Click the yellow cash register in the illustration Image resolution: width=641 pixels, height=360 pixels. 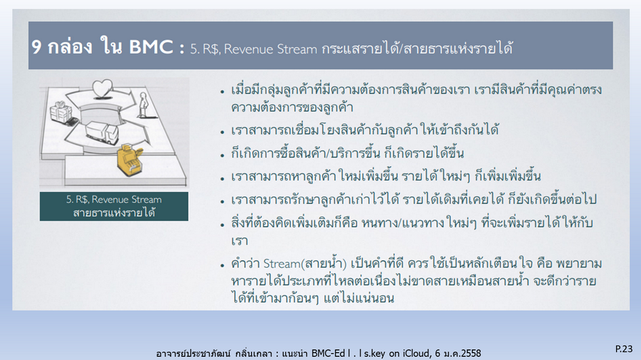pos(130,160)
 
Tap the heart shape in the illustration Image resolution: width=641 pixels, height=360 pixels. pos(102,88)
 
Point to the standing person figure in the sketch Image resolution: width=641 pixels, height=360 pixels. pos(143,105)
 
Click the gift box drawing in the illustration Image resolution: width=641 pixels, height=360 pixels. pos(61,112)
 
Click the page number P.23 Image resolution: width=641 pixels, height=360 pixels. pos(624,349)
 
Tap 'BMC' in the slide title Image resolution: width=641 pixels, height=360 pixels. pos(151,46)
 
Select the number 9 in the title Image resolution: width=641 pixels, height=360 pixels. pos(36,47)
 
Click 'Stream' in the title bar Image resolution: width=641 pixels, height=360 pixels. pos(297,49)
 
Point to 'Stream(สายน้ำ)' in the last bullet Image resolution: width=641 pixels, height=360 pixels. pos(305,263)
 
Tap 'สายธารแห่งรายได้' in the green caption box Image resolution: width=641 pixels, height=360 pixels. pos(114,213)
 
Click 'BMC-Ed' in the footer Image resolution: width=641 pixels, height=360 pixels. pos(328,353)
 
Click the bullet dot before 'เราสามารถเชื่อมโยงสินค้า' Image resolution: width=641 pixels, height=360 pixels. pos(222,132)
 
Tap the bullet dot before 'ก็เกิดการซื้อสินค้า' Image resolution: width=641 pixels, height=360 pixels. pos(222,155)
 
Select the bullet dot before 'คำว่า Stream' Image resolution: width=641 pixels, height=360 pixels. pos(222,265)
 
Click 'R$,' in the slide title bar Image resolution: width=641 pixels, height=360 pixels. pos(212,49)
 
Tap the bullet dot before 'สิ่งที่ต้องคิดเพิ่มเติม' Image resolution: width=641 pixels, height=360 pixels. pos(222,225)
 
